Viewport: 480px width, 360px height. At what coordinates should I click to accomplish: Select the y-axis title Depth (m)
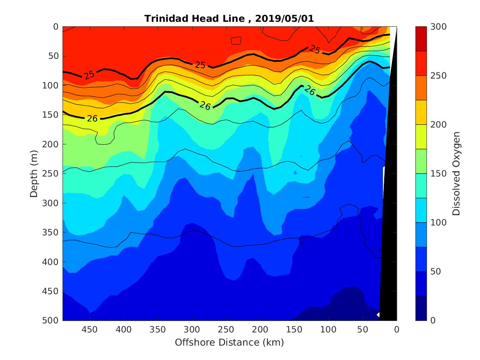(34, 173)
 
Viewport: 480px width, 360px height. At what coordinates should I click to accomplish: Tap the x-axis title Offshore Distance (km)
(230, 342)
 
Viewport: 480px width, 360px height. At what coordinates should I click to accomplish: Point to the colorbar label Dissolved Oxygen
(456, 173)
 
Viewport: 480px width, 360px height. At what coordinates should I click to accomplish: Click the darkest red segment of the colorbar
(421, 39)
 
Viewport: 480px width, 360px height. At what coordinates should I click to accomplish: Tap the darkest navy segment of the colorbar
(421, 308)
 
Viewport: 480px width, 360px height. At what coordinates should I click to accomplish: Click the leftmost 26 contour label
(92, 118)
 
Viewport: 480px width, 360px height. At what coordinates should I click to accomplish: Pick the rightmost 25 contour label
(315, 50)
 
